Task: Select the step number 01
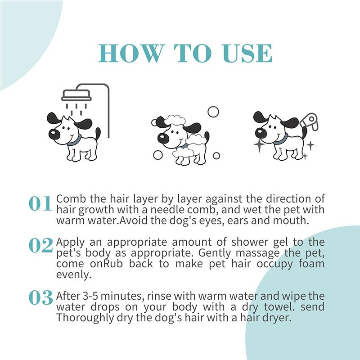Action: click(40, 204)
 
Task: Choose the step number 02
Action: click(40, 245)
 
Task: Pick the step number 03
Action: click(40, 297)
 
